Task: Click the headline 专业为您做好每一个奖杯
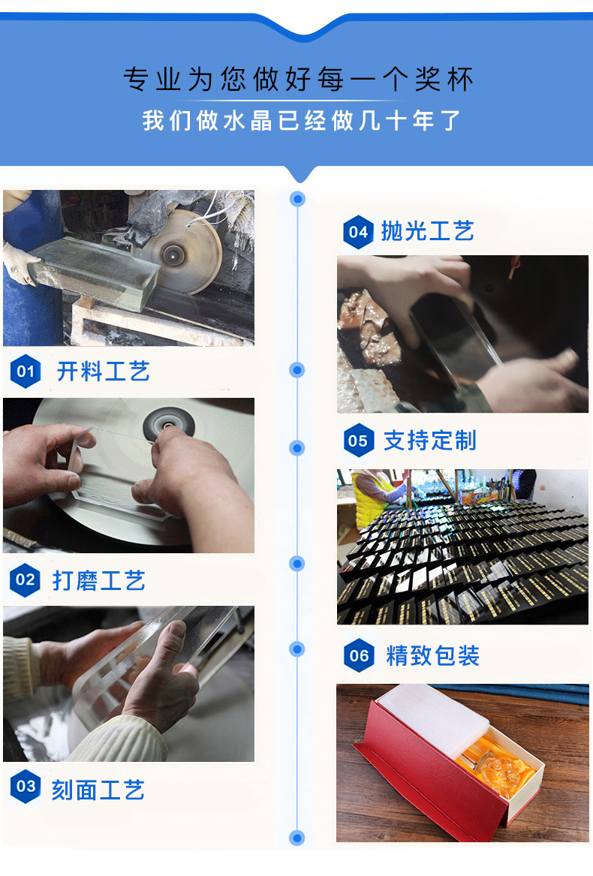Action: click(298, 80)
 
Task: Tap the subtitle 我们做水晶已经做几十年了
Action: click(301, 120)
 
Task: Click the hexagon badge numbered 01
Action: click(26, 372)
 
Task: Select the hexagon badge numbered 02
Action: click(26, 579)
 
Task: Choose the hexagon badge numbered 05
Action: click(358, 441)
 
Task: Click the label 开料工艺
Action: click(103, 372)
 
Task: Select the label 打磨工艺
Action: click(98, 580)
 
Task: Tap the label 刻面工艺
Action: click(98, 790)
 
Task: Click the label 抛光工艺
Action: click(427, 231)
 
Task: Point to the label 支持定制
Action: click(429, 441)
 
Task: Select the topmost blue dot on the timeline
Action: click(298, 199)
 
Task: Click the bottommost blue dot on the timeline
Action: click(297, 838)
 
